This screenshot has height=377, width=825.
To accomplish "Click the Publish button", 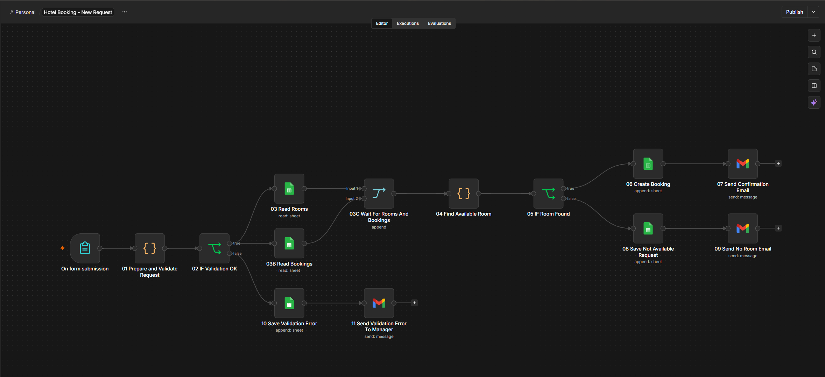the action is (794, 12).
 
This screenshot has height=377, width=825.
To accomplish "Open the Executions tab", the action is (408, 23).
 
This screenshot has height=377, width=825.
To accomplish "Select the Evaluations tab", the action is (439, 23).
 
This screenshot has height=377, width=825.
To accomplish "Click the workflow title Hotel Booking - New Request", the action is (78, 12).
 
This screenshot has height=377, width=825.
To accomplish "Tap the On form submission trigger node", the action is (85, 248).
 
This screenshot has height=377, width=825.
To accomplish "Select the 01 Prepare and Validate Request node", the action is (150, 248).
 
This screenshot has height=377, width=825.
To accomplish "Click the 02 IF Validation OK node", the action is (214, 248).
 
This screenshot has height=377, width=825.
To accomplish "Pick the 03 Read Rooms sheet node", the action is (289, 189).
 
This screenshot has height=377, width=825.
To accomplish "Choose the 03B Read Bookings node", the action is (289, 244).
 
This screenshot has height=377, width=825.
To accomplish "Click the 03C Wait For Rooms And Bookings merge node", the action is (379, 194).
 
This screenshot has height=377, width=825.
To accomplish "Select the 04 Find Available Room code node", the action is (464, 194).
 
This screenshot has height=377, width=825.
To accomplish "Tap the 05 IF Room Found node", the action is (548, 194).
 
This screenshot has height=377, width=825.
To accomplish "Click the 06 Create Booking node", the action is (648, 164).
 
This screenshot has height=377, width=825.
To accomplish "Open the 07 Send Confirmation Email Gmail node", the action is (743, 164).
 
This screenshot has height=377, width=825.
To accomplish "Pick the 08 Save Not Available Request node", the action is (648, 229).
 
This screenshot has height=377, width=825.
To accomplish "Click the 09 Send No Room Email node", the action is (743, 229).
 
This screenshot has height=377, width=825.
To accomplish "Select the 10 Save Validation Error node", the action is (289, 303).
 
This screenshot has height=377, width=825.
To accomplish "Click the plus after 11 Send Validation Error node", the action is (414, 303).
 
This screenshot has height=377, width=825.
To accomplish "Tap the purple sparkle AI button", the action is (814, 102).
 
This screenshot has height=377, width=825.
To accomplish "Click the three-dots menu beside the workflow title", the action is (125, 12).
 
